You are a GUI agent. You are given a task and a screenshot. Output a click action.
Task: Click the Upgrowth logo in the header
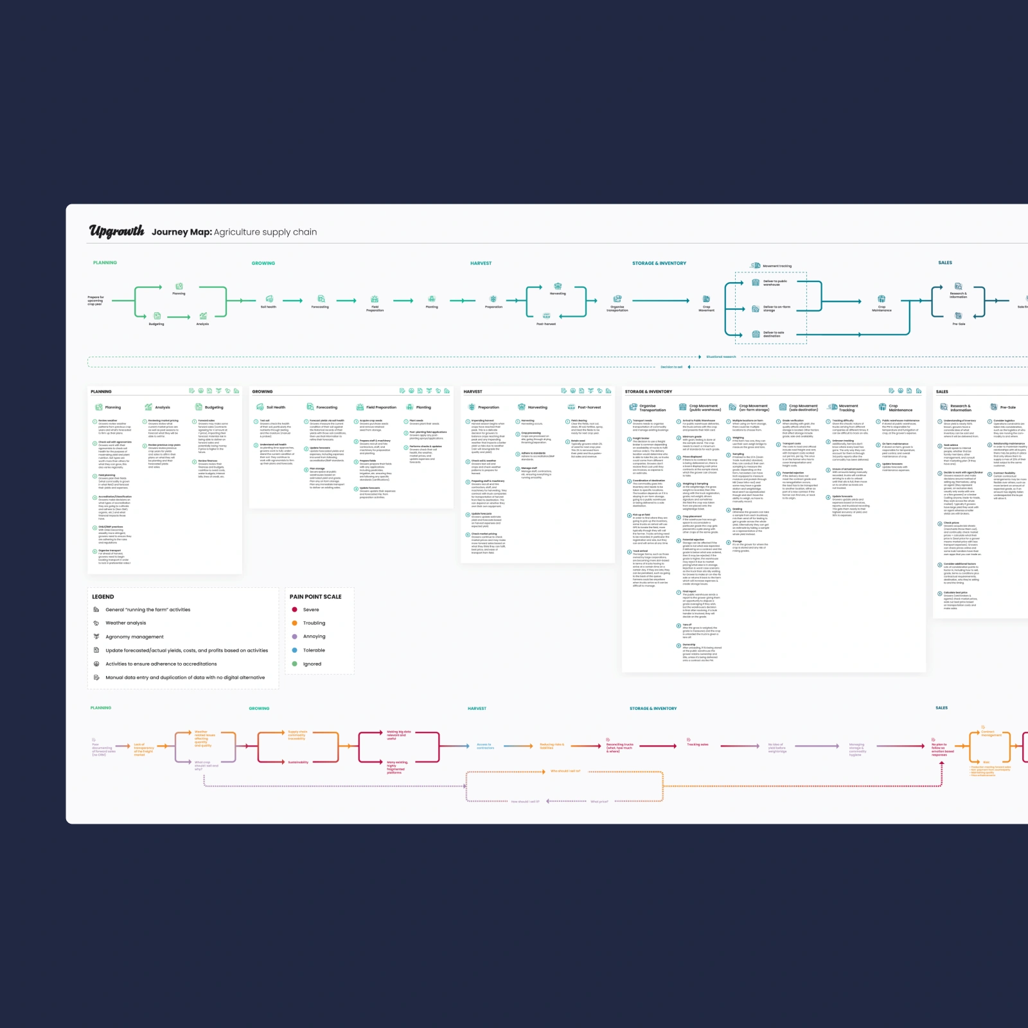pyautogui.click(x=116, y=231)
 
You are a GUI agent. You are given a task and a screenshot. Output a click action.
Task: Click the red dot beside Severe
pyautogui.click(x=294, y=610)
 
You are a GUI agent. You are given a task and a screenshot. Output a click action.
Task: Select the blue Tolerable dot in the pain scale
pyautogui.click(x=294, y=650)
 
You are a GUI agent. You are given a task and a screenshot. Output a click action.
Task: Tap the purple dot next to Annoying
pyautogui.click(x=294, y=637)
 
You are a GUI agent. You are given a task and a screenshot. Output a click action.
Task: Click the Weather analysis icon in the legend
pyautogui.click(x=96, y=623)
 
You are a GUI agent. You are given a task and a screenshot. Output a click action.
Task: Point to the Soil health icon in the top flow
pyautogui.click(x=269, y=299)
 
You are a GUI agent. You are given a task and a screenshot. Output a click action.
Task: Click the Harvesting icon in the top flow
pyautogui.click(x=558, y=286)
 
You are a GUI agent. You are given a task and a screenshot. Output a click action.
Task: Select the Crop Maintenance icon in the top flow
pyautogui.click(x=882, y=299)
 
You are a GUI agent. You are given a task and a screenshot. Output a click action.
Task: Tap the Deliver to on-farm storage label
pyautogui.click(x=776, y=308)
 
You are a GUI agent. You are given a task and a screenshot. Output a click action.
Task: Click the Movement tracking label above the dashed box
pyautogui.click(x=777, y=266)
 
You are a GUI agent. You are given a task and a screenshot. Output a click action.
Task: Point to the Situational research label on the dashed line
pyautogui.click(x=721, y=357)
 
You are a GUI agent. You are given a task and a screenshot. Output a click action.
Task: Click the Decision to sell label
pyautogui.click(x=671, y=367)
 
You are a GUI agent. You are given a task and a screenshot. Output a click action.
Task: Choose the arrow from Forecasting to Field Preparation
pyautogui.click(x=346, y=300)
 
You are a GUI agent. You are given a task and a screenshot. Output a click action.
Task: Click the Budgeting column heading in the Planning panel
pyautogui.click(x=214, y=407)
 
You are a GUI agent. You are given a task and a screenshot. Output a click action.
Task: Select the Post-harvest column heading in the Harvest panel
pyautogui.click(x=589, y=407)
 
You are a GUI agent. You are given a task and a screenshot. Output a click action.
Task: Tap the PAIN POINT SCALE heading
pyautogui.click(x=315, y=597)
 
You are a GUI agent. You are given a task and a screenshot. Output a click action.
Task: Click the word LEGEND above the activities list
pyautogui.click(x=103, y=597)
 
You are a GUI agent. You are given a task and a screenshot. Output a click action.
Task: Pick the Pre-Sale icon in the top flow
pyautogui.click(x=958, y=315)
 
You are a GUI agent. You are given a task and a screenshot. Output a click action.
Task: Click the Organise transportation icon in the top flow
pyautogui.click(x=617, y=299)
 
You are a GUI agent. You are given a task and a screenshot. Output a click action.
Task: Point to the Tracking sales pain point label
pyautogui.click(x=697, y=745)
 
